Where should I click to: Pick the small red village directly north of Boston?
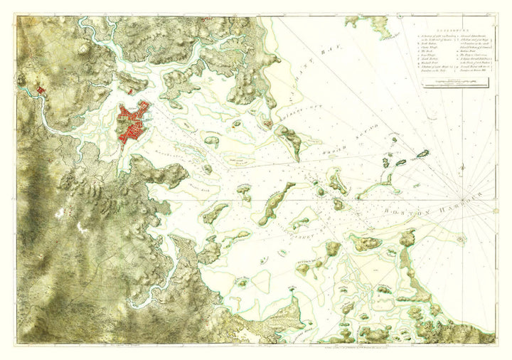132,91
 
